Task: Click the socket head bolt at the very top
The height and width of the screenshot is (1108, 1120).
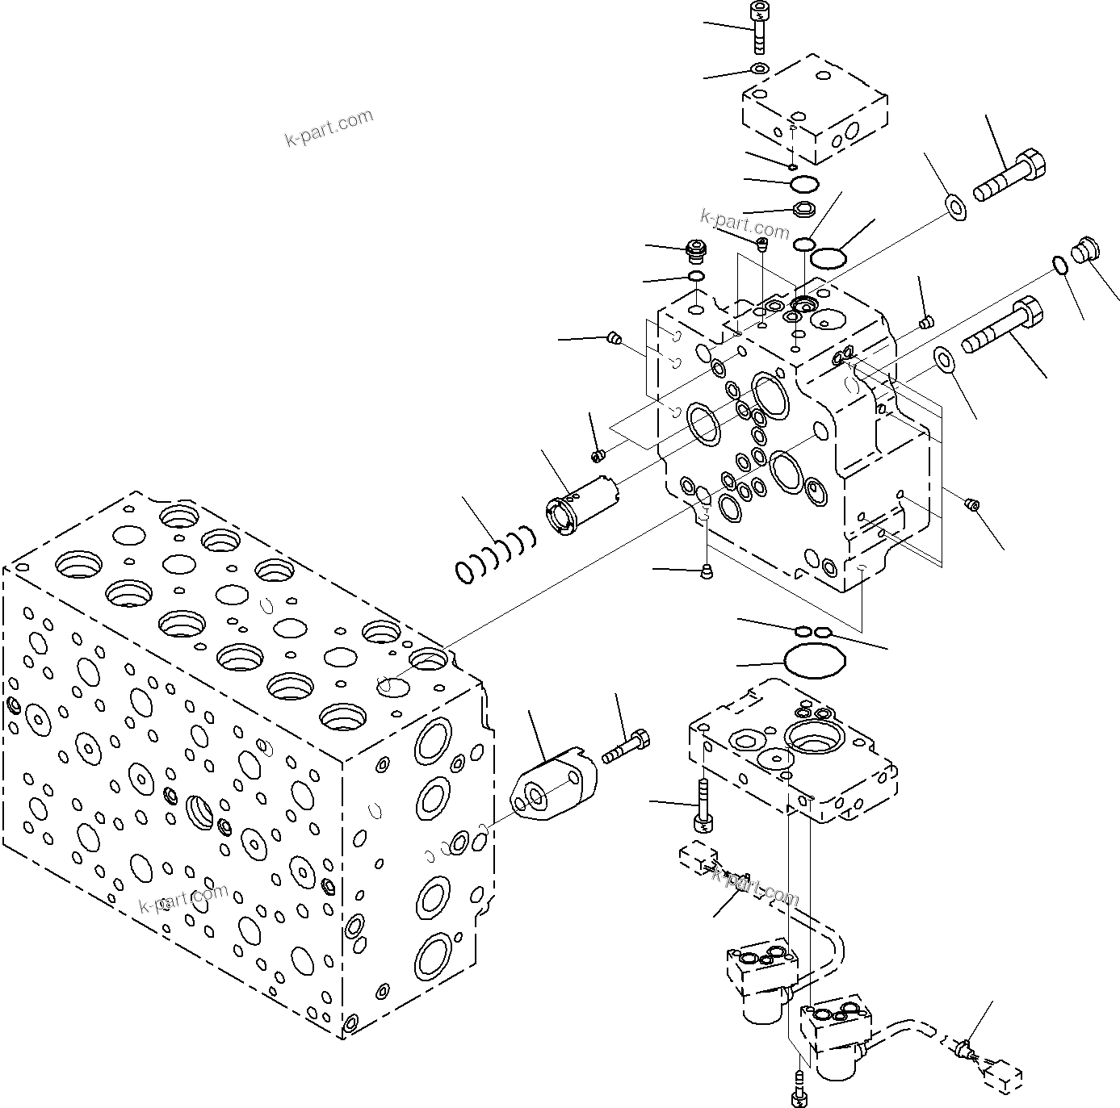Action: click(x=758, y=28)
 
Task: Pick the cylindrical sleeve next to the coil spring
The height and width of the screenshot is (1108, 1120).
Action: click(x=581, y=504)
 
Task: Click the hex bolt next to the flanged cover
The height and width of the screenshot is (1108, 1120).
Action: click(x=627, y=746)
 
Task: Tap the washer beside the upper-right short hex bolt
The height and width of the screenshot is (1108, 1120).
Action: click(x=957, y=207)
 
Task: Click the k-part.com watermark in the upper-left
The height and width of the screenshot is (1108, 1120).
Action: click(x=329, y=128)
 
